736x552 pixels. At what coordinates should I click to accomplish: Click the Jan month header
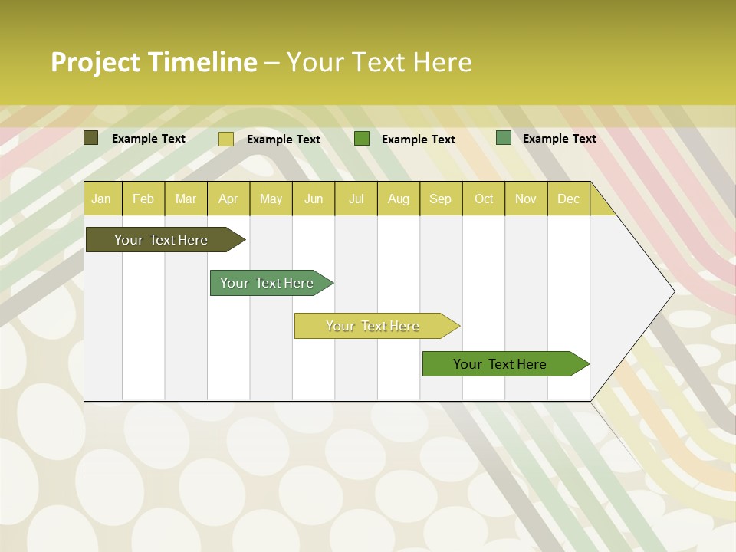click(x=102, y=199)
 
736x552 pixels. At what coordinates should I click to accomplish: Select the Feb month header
click(x=143, y=199)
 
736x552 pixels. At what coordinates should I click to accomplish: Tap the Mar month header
click(x=186, y=199)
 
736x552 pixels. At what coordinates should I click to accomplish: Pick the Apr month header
click(x=228, y=199)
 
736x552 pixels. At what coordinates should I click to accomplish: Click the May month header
click(x=271, y=199)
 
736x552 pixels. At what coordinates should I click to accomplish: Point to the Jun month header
click(x=314, y=199)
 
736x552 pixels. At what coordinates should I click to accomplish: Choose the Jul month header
click(x=356, y=199)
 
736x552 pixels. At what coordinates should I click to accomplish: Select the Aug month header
click(x=399, y=199)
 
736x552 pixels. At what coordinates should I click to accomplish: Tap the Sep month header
click(x=441, y=199)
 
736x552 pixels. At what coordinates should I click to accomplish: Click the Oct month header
click(x=484, y=199)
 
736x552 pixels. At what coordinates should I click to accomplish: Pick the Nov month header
click(x=526, y=199)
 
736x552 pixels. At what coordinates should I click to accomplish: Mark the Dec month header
click(x=569, y=199)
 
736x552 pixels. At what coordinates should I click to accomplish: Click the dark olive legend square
click(x=91, y=138)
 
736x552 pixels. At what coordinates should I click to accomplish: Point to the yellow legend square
click(x=226, y=139)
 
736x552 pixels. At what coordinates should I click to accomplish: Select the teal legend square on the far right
click(x=504, y=138)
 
